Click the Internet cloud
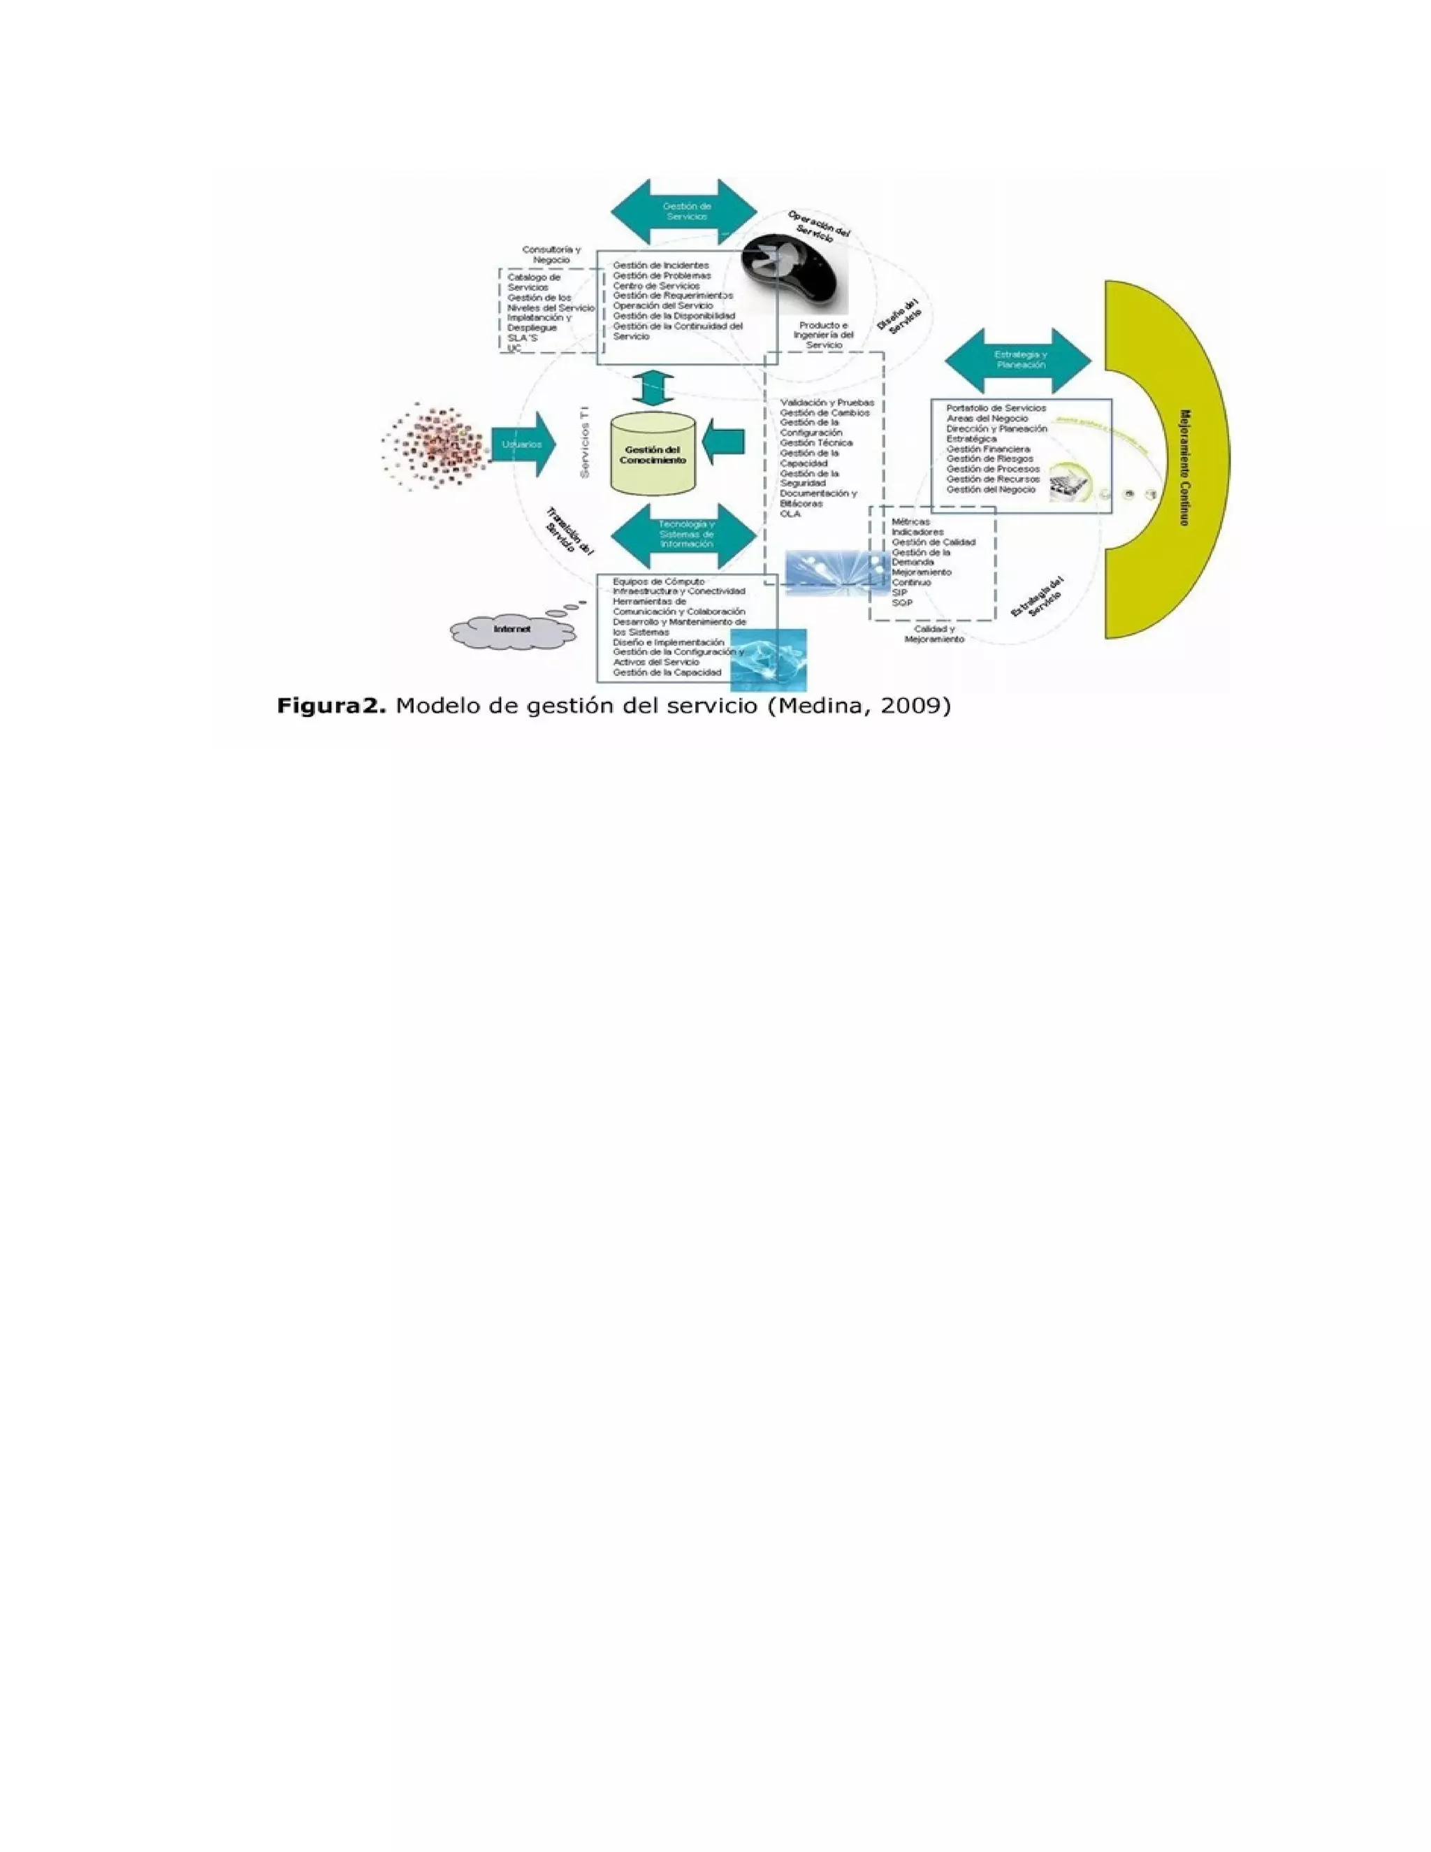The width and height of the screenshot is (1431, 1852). click(512, 631)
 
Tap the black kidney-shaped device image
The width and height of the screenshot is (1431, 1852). click(794, 271)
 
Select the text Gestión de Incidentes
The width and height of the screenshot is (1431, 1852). click(660, 266)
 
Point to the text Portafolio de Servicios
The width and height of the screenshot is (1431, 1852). click(996, 408)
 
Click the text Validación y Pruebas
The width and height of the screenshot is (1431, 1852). click(827, 402)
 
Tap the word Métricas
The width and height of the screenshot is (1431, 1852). click(910, 521)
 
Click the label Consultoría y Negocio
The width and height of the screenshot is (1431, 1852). click(551, 254)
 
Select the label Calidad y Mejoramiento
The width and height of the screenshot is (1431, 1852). click(934, 635)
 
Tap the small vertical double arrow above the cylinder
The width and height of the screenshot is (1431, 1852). click(653, 389)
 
